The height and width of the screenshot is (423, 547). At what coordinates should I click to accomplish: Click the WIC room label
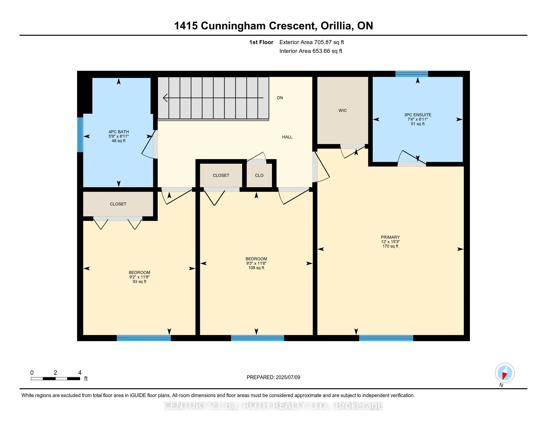pos(343,110)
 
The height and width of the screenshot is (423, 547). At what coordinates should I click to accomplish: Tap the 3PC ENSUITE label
pos(417,115)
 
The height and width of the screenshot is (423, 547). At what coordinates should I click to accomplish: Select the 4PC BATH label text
pos(118,132)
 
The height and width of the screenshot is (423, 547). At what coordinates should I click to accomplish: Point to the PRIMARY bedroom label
pos(390,237)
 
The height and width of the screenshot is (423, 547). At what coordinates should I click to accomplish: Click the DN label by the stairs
pos(280,98)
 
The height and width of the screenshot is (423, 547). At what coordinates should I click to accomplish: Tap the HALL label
pos(287,137)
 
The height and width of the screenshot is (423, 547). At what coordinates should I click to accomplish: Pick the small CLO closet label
pos(259,175)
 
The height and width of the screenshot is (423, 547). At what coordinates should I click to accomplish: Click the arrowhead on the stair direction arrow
pos(165,98)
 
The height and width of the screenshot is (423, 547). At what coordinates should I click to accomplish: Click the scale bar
pos(55,379)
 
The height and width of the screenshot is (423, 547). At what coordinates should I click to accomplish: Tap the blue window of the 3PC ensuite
pos(412,74)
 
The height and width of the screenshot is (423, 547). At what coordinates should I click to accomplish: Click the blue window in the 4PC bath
pos(80,135)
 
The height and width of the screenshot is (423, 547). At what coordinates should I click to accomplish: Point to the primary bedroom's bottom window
pos(386,338)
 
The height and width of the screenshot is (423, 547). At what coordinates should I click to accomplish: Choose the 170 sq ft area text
pos(390,246)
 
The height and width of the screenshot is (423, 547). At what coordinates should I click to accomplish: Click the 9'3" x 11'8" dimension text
pos(256,263)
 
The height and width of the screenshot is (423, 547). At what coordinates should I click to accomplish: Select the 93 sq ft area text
pos(139,282)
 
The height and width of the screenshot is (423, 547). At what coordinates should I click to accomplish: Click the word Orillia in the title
pos(337,26)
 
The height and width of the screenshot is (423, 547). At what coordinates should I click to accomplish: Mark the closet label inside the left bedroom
pos(118,204)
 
